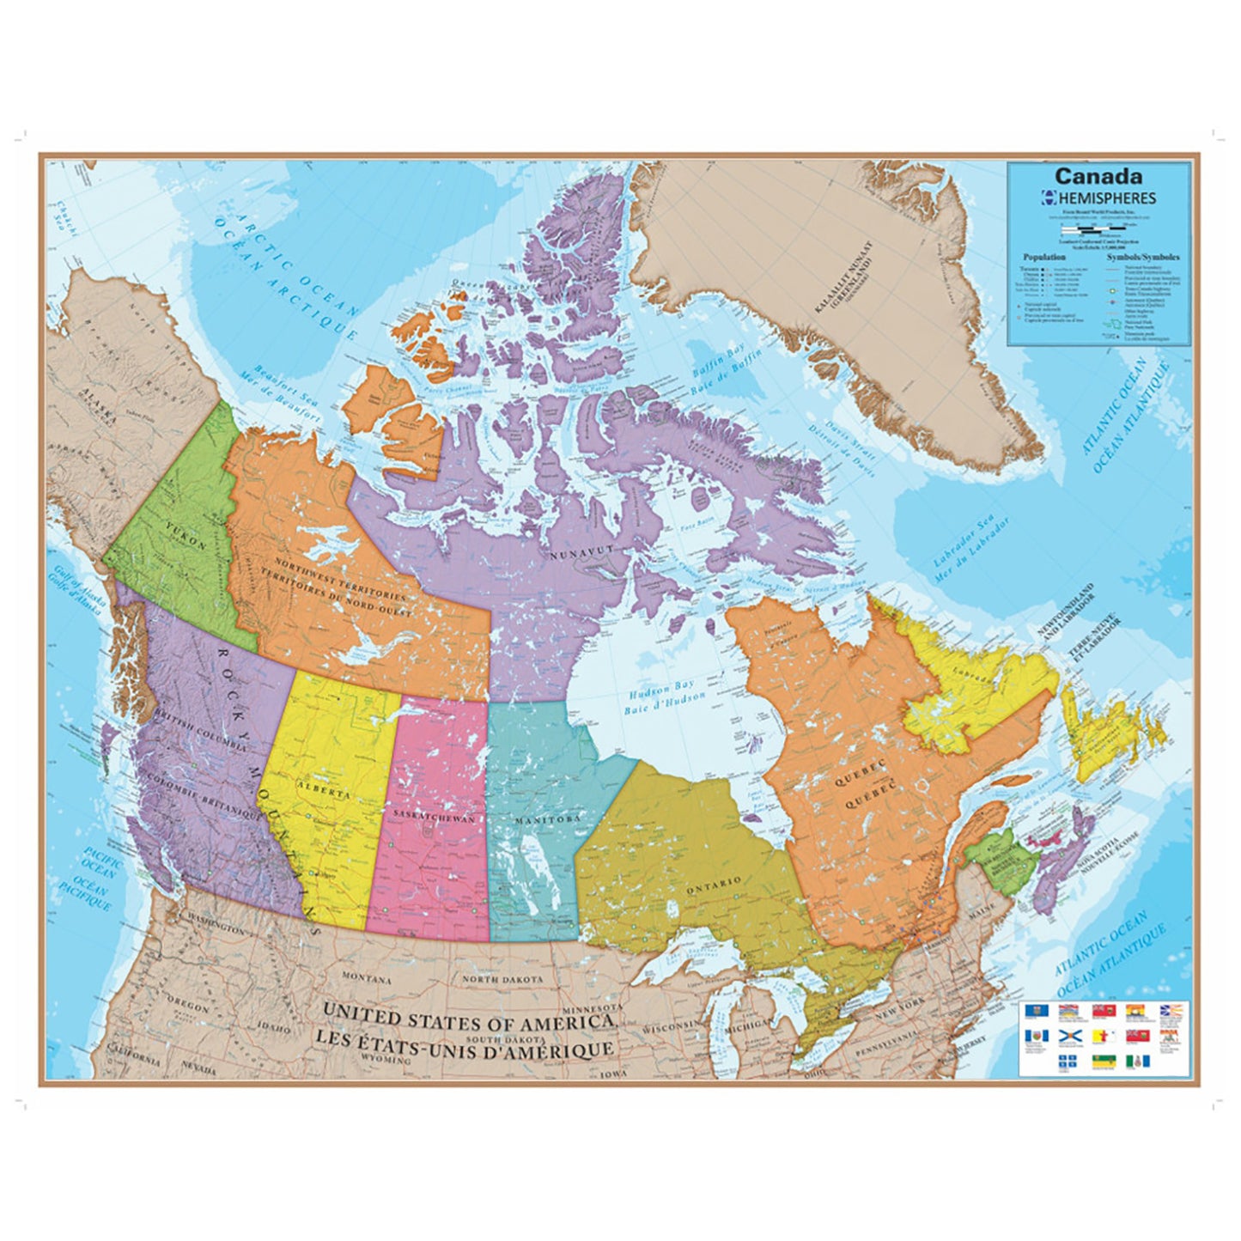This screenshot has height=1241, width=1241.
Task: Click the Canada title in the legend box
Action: (x=1098, y=176)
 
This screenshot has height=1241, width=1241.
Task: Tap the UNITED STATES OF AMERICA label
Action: (x=468, y=1022)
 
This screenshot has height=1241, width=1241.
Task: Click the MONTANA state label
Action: (x=367, y=979)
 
